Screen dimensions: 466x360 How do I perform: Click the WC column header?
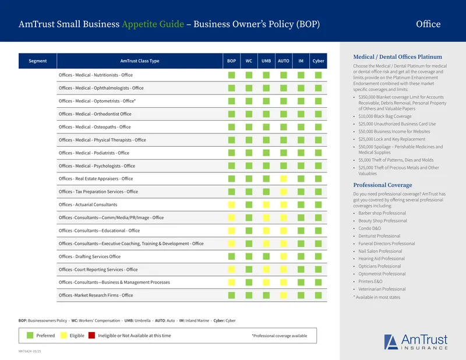249,61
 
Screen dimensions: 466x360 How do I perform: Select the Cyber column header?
318,61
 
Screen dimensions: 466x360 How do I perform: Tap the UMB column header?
266,61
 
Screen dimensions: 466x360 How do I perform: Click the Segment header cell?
37,61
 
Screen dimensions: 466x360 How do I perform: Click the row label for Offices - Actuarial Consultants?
88,204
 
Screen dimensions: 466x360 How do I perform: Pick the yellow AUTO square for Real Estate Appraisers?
284,179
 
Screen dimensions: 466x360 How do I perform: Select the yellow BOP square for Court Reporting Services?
231,269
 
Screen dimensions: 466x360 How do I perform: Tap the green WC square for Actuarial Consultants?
249,204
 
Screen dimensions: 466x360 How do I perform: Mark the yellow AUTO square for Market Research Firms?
284,295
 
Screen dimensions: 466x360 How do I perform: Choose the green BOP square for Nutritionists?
231,75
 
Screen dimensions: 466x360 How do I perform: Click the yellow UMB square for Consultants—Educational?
266,230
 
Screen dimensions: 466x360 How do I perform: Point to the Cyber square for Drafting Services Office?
318,256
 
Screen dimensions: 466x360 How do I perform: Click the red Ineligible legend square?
91,336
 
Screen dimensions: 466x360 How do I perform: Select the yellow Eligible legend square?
63,336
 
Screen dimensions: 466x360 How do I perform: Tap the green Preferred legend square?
30,336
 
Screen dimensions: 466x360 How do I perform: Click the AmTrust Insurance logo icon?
391,342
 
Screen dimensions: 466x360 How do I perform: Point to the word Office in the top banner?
428,24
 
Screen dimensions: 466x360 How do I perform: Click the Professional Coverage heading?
383,185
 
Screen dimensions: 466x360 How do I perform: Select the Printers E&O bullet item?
370,281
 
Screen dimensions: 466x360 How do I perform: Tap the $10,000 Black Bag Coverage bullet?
385,117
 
